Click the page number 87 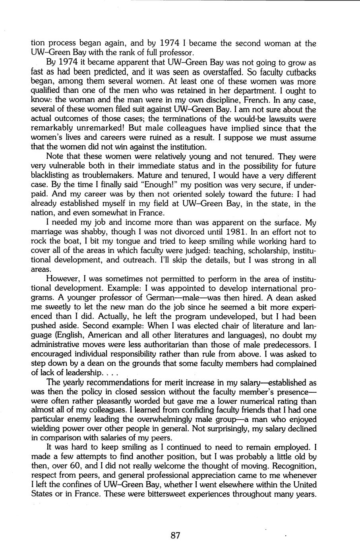coord(175,535)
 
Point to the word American coord(117,336)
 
